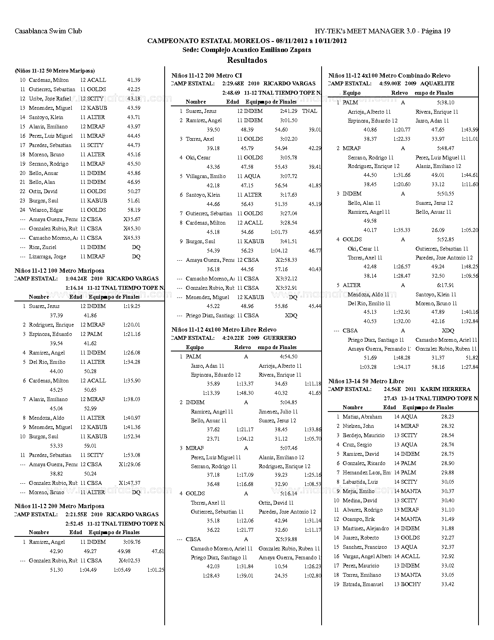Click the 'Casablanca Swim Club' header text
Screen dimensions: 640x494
pyautogui.click(x=48, y=31)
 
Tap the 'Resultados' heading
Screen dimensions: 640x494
pyautogui.click(x=247, y=60)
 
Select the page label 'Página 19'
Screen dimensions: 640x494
pyautogui.click(x=435, y=31)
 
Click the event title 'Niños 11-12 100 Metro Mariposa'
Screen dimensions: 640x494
pyautogui.click(x=59, y=270)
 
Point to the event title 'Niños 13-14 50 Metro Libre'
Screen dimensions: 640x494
pyautogui.click(x=366, y=381)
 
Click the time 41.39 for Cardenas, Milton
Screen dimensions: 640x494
pyautogui.click(x=134, y=80)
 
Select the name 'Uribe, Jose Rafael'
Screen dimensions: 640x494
pyautogui.click(x=50, y=99)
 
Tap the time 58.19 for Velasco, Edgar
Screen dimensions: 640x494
pyautogui.click(x=134, y=210)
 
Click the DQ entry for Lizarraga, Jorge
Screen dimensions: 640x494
pyautogui.click(x=136, y=256)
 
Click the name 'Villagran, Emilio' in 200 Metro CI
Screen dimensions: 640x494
pyautogui.click(x=206, y=176)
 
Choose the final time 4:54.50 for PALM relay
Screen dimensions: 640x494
pyautogui.click(x=288, y=356)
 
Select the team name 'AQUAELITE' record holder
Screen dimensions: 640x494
pyautogui.click(x=437, y=83)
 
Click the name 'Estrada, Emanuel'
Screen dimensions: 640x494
pyautogui.click(x=363, y=584)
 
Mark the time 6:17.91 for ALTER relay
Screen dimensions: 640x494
pyautogui.click(x=446, y=285)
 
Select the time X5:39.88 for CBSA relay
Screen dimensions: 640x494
pyautogui.click(x=287, y=539)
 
